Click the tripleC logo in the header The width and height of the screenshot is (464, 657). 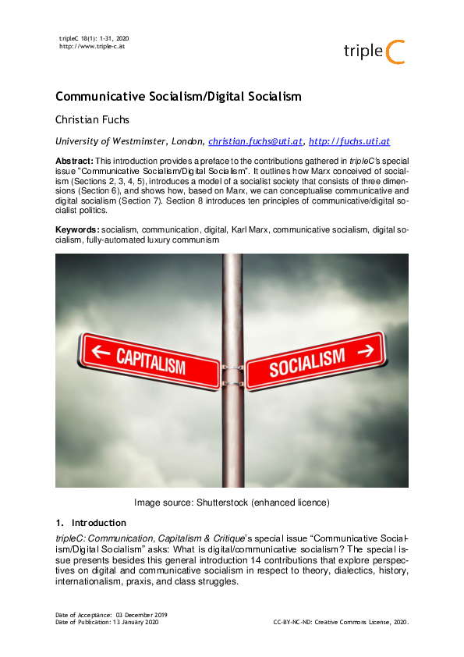(x=374, y=51)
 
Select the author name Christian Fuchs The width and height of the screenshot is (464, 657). (x=93, y=120)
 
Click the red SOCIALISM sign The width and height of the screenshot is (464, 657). (x=316, y=360)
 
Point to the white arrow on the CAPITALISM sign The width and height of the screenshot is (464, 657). (x=101, y=351)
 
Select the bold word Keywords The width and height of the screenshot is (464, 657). (x=77, y=229)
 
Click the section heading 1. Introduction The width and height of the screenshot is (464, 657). (x=90, y=522)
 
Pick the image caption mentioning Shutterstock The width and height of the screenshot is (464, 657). (x=232, y=502)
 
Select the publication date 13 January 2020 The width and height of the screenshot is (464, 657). (x=136, y=622)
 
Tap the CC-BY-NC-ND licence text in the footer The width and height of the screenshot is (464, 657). (x=341, y=622)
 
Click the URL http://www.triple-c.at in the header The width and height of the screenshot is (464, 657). (x=93, y=46)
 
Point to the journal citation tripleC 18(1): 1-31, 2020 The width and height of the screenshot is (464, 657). (x=94, y=38)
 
